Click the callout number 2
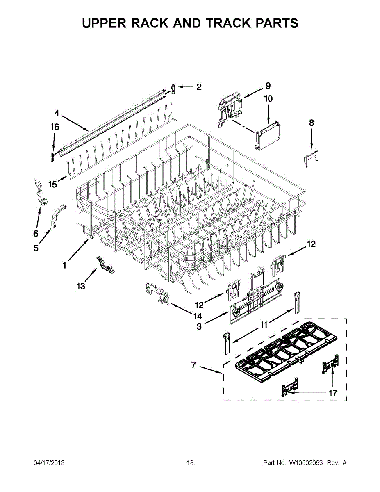click(199, 87)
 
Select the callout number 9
click(268, 86)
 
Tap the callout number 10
click(268, 99)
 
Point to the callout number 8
click(312, 122)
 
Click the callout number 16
click(55, 127)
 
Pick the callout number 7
click(193, 365)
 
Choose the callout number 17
click(333, 393)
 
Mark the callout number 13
click(81, 286)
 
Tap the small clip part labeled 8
click(311, 158)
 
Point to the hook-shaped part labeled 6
click(40, 191)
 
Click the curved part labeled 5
click(58, 214)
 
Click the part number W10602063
click(306, 463)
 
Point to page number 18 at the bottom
click(190, 463)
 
